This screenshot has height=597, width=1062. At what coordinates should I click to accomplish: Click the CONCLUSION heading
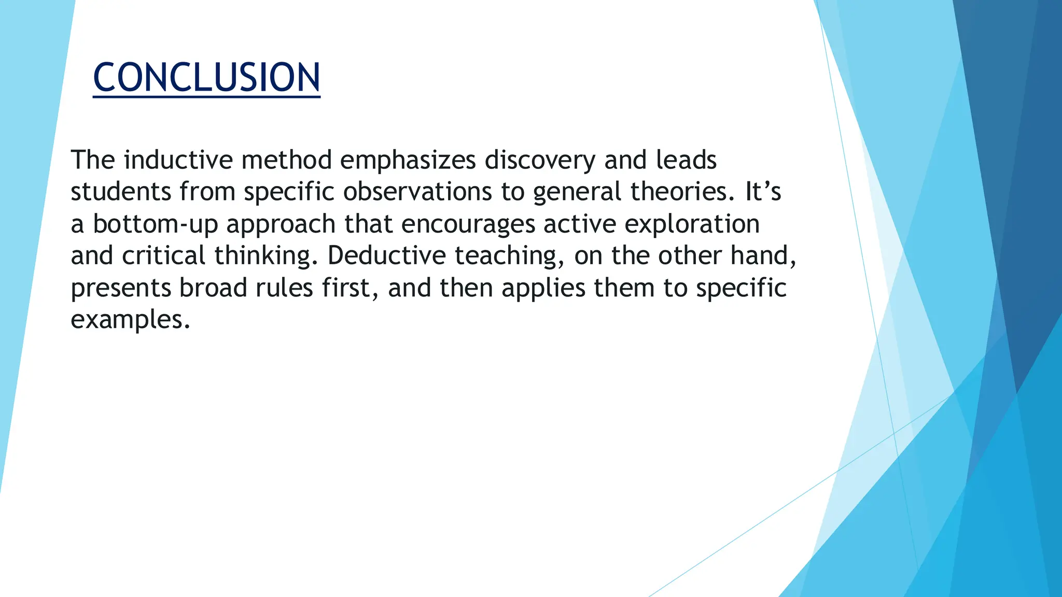(206, 78)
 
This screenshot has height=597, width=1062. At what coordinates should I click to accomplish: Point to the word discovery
(540, 160)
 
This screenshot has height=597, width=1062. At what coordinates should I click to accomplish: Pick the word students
(121, 192)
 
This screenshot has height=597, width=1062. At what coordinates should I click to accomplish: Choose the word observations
(417, 192)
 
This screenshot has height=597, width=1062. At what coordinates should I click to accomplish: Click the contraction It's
(763, 192)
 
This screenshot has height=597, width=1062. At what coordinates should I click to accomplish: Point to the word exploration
(692, 224)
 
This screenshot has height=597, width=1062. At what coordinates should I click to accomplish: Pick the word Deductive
(386, 256)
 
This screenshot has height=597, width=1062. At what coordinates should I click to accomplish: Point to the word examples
(130, 320)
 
